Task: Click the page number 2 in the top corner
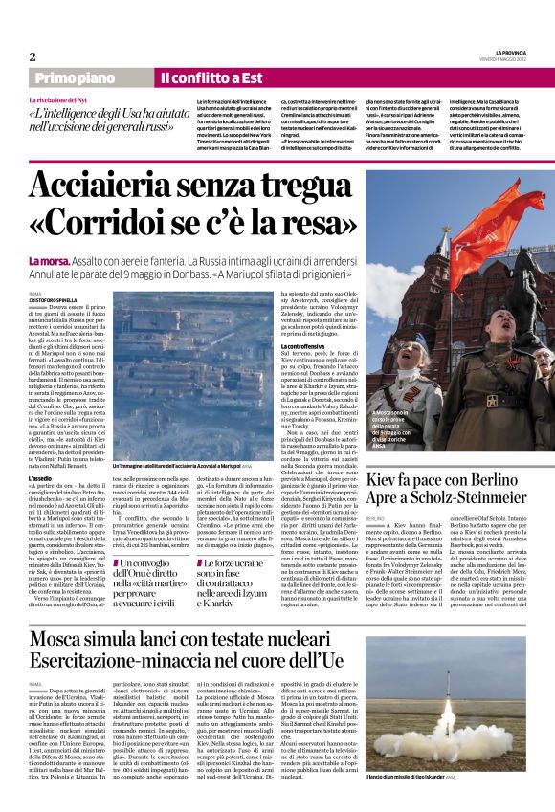pos(33,56)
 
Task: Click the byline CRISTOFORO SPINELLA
pos(55,298)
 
